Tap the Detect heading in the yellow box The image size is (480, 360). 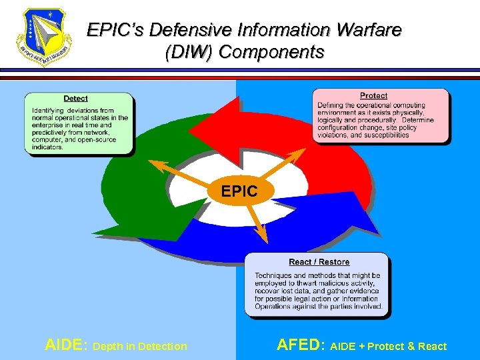[x=75, y=99]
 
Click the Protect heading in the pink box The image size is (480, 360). [x=373, y=96]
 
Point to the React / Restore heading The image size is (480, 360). [x=319, y=262]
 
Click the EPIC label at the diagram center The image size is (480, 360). [x=239, y=191]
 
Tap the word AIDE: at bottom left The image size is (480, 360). [x=66, y=345]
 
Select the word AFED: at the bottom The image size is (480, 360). [x=300, y=345]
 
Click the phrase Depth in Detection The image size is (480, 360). [x=141, y=346]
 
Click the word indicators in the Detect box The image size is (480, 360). [x=47, y=147]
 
